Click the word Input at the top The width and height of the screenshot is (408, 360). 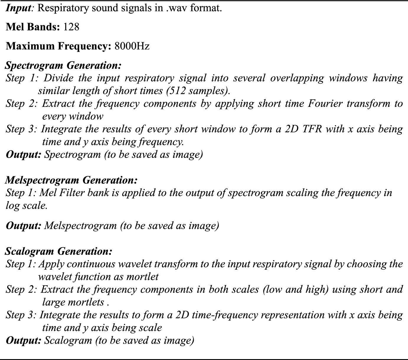pyautogui.click(x=19, y=8)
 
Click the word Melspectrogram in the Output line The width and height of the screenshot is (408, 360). pyautogui.click(x=81, y=226)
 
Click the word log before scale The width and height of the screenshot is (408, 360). pyautogui.click(x=12, y=205)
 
